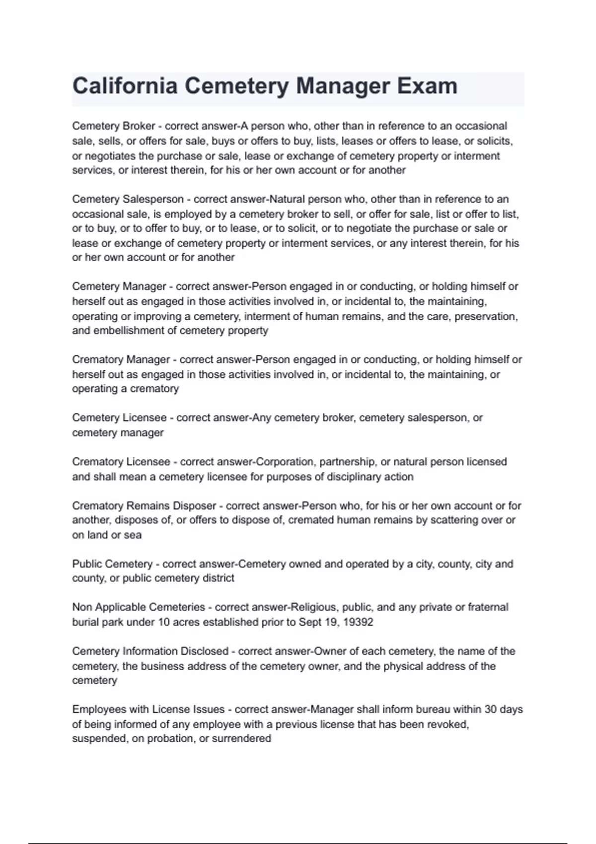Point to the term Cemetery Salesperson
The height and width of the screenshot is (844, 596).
click(128, 199)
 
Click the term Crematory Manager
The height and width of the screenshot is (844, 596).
click(121, 359)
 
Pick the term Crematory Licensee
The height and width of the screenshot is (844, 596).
click(121, 462)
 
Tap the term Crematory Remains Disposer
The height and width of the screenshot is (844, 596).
click(144, 506)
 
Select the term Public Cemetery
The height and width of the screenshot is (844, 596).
click(112, 564)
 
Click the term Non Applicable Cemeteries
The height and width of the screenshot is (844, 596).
click(139, 607)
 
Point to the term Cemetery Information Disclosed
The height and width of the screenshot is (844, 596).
click(150, 651)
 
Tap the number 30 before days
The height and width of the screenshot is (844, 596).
click(491, 709)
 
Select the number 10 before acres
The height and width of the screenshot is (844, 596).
click(164, 622)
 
